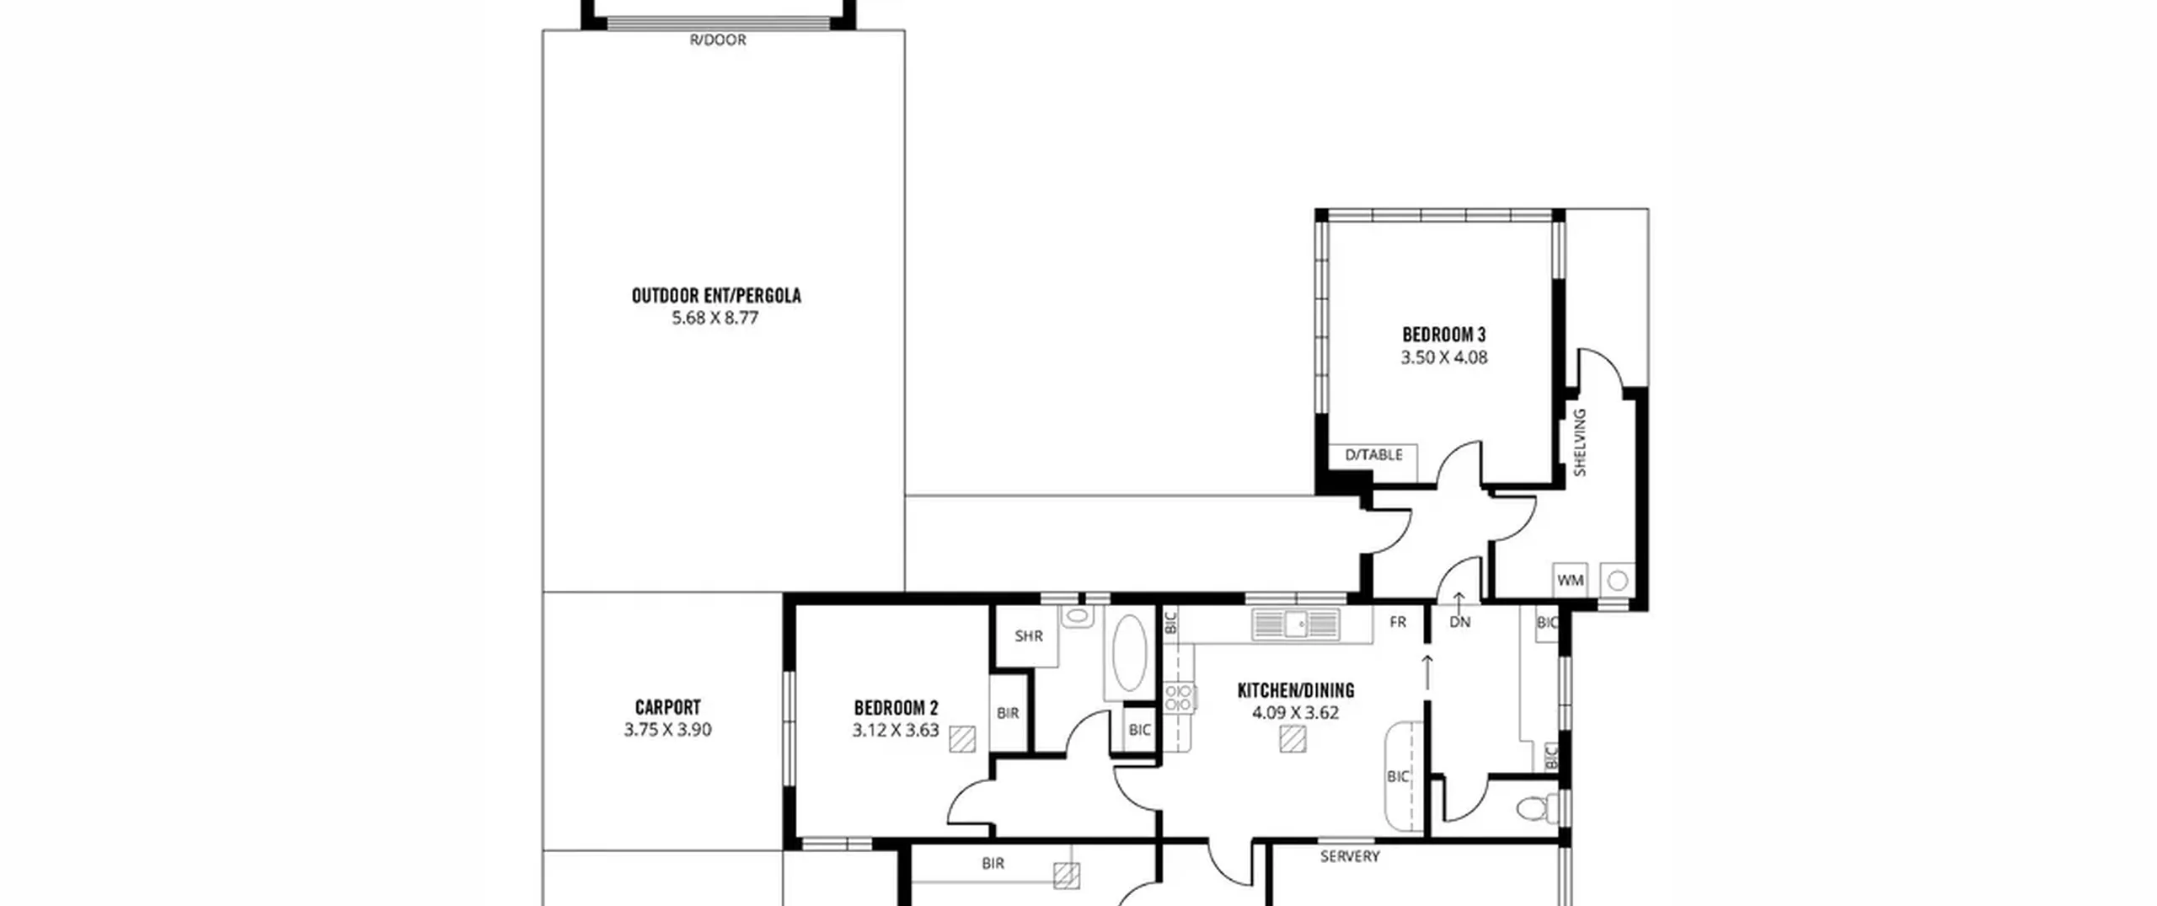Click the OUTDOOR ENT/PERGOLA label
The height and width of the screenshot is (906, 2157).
pos(716,296)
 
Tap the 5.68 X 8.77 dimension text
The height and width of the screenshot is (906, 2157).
pos(715,319)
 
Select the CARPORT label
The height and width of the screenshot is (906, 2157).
pos(667,708)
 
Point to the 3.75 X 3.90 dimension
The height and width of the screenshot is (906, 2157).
pos(667,730)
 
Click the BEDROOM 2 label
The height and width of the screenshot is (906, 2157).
pos(896,708)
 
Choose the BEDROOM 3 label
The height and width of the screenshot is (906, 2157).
pos(1444,335)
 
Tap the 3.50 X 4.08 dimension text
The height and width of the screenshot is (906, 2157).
pos(1444,357)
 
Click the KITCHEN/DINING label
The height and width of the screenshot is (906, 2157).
pos(1296,691)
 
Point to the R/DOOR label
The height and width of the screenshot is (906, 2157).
pos(718,40)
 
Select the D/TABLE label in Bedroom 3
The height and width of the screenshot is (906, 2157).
pos(1374,455)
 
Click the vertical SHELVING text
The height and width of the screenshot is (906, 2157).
pos(1580,442)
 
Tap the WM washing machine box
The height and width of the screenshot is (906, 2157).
pos(1571,580)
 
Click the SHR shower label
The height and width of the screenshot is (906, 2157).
pos(1029,636)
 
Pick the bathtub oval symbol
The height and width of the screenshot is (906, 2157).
pos(1129,654)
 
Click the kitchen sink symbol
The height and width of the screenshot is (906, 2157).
pos(1295,625)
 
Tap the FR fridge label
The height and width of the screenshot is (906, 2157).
pos(1398,622)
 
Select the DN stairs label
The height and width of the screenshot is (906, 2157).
pos(1460,622)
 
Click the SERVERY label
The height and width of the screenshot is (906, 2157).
pos(1350,856)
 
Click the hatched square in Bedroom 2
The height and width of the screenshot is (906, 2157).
pos(962,739)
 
